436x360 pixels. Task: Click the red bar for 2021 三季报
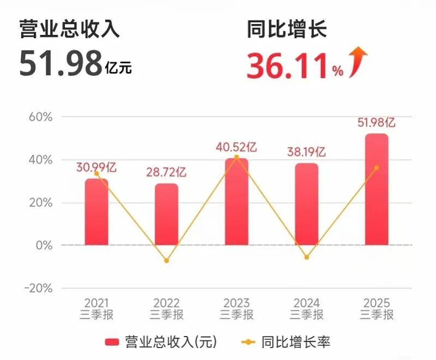coord(96,212)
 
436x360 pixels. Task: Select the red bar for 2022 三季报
coord(166,215)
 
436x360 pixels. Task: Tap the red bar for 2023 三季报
coord(237,202)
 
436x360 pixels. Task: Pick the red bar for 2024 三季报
coord(306,204)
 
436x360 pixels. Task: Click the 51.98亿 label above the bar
coord(377,122)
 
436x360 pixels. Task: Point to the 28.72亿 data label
coord(166,172)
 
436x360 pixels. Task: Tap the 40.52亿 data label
coord(237,147)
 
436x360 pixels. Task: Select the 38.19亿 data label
coord(306,152)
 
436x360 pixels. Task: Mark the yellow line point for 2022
coord(166,261)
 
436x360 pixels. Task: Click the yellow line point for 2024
coord(306,257)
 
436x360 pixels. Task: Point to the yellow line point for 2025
coord(377,168)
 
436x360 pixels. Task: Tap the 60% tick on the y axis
coord(40,117)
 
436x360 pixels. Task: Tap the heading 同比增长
coord(287,29)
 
